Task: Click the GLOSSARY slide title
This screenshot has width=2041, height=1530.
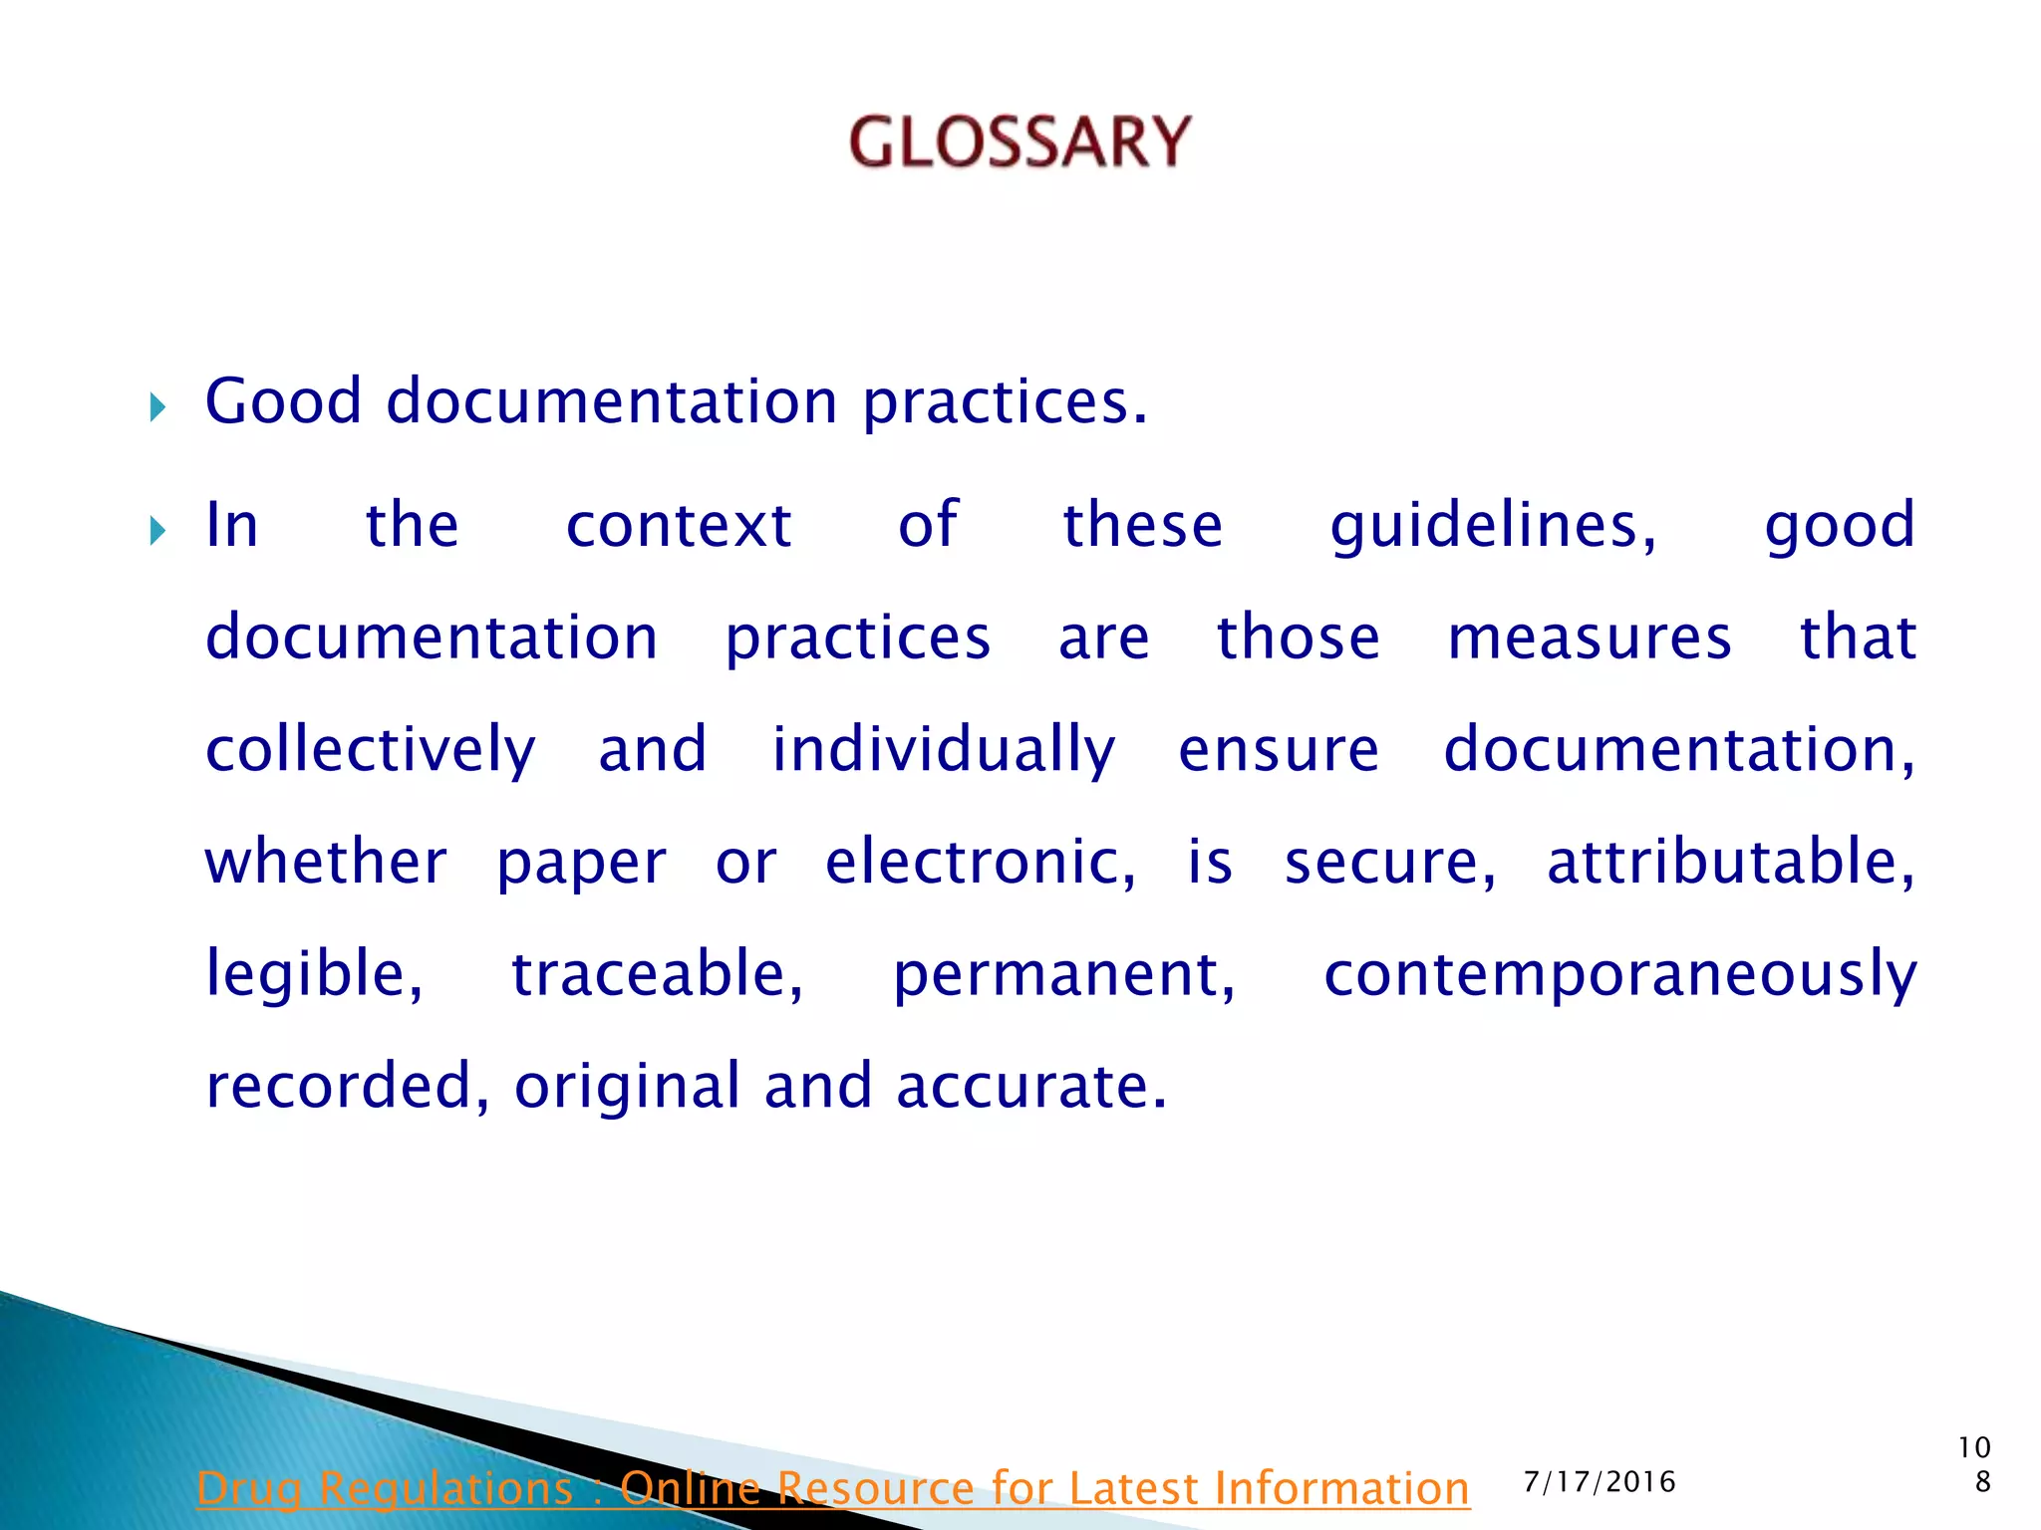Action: pos(1020,141)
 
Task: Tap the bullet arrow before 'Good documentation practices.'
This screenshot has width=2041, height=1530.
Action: pos(157,406)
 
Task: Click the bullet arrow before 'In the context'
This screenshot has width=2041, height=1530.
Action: pos(157,530)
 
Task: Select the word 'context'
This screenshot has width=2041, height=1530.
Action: pos(679,525)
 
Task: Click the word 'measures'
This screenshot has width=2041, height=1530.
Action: pos(1590,637)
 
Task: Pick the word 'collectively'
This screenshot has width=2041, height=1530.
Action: pos(371,750)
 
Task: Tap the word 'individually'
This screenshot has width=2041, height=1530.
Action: pos(944,750)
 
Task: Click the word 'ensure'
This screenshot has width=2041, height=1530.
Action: pos(1279,750)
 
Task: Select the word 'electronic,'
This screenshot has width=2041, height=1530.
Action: pos(981,862)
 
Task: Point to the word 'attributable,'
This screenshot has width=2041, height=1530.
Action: pos(1731,862)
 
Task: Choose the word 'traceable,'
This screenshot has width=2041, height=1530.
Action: pos(658,974)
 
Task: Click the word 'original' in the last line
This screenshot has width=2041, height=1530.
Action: pos(627,1086)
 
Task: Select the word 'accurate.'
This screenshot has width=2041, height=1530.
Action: pos(1031,1086)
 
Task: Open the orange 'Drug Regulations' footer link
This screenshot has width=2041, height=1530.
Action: pos(833,1488)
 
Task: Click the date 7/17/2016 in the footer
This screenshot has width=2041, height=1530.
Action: pos(1600,1482)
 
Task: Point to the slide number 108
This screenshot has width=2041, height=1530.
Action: pos(1974,1464)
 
